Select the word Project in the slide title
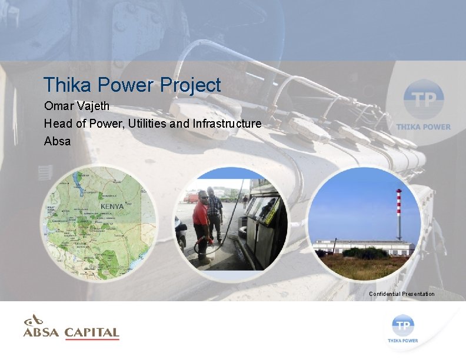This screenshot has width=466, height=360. pyautogui.click(x=191, y=86)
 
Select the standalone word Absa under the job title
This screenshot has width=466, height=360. pyautogui.click(x=57, y=141)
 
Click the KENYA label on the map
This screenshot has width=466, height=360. pyautogui.click(x=112, y=207)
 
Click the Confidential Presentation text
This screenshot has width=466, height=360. pyautogui.click(x=402, y=294)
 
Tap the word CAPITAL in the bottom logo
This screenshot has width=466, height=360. pyautogui.click(x=92, y=333)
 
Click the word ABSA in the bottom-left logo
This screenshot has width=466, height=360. pyautogui.click(x=41, y=333)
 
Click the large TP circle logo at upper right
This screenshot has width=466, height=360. pyautogui.click(x=424, y=99)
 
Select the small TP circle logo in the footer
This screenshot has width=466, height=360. pyautogui.click(x=403, y=324)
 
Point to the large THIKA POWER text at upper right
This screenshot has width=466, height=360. pyautogui.click(x=424, y=126)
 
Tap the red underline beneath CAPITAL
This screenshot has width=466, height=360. pyautogui.click(x=92, y=339)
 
